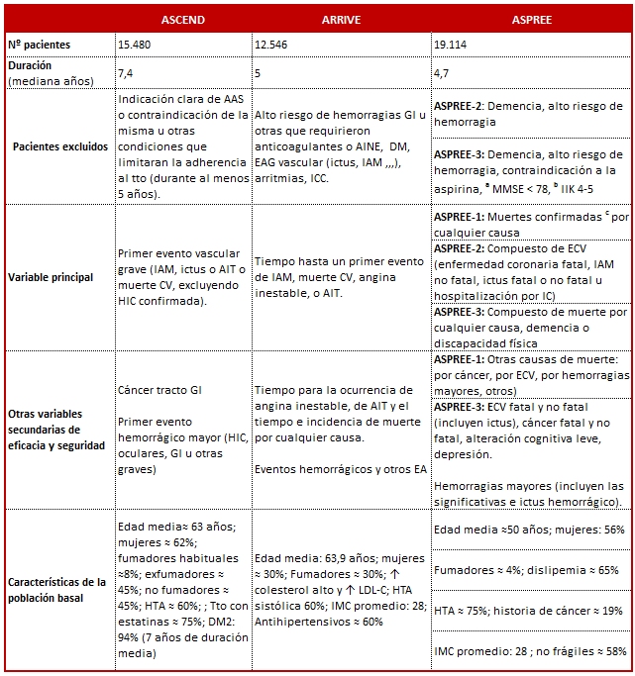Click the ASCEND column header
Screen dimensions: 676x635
click(x=182, y=20)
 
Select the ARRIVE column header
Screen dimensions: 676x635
click(x=341, y=20)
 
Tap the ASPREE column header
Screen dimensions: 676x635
click(x=531, y=20)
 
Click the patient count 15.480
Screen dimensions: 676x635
click(x=137, y=45)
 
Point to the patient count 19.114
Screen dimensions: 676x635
click(x=453, y=45)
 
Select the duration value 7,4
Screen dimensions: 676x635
click(x=126, y=73)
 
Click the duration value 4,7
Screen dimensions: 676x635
click(x=442, y=73)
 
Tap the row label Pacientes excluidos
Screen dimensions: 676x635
click(x=58, y=146)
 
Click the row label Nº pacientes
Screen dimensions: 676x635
click(x=39, y=45)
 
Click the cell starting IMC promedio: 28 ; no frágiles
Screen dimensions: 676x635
click(x=530, y=651)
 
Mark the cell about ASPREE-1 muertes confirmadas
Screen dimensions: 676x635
click(x=531, y=224)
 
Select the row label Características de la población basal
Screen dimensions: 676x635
click(x=58, y=589)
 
